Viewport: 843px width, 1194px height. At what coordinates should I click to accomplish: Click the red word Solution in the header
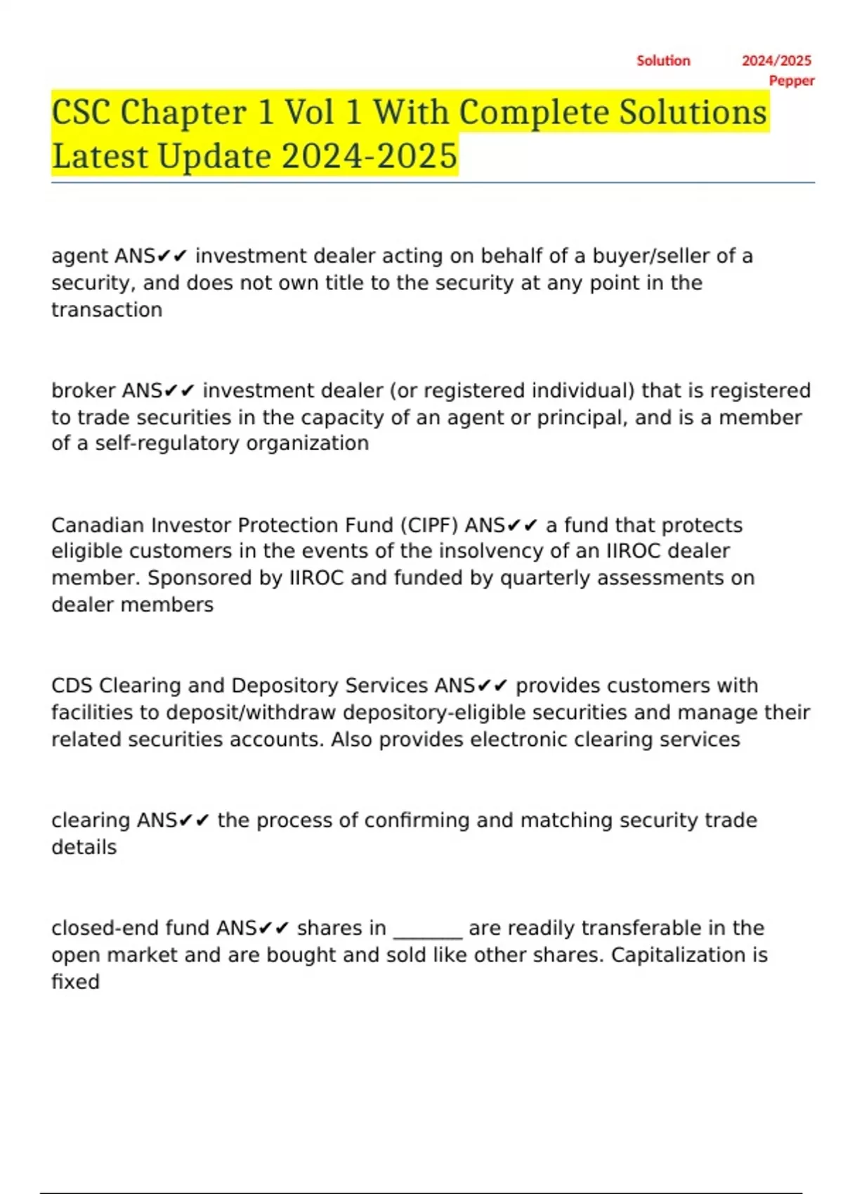tap(663, 61)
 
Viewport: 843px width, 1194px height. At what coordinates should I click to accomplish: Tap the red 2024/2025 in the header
tap(776, 61)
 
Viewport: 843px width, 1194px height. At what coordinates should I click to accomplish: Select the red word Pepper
tap(792, 81)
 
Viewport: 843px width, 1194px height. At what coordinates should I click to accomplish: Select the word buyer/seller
tap(651, 256)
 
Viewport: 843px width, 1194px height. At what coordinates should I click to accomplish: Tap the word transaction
tap(107, 310)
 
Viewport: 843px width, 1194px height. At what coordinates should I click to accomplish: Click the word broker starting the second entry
tap(84, 391)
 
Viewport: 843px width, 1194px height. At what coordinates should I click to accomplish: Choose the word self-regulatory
tap(167, 443)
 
